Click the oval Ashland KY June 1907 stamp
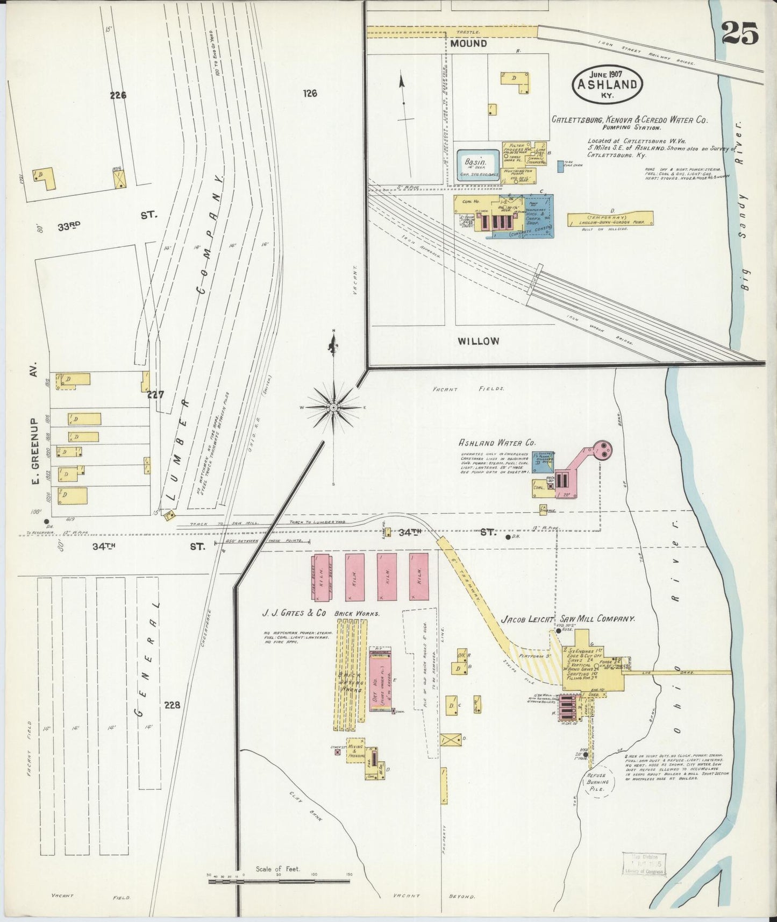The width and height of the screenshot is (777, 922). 608,84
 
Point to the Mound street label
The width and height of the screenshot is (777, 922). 468,43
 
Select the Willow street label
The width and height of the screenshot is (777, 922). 478,341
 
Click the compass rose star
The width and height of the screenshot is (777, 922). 333,407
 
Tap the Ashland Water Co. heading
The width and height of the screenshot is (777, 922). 497,443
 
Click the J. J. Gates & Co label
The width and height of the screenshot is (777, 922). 295,612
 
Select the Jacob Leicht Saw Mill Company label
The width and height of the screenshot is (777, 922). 568,619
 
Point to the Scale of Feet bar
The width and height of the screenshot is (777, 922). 279,881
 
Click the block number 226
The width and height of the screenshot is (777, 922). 118,95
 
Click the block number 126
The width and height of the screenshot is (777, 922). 310,94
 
